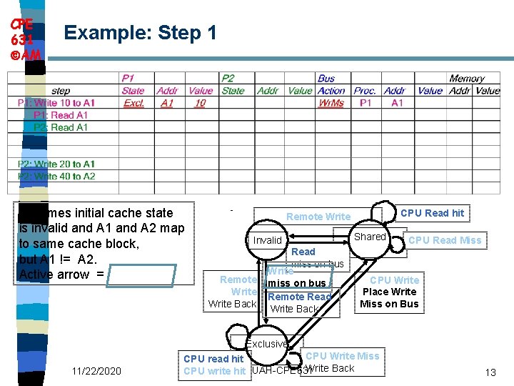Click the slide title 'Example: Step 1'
click(140, 32)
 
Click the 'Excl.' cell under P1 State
click(133, 103)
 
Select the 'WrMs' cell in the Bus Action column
click(331, 103)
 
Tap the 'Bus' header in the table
click(326, 79)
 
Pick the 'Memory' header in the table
click(467, 79)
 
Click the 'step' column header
click(61, 91)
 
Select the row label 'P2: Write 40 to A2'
click(56, 176)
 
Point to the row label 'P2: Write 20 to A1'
click(56, 164)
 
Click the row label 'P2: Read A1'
click(61, 127)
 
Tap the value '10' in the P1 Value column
click(200, 103)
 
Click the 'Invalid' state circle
click(268, 240)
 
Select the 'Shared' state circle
click(370, 237)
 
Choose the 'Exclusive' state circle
click(267, 343)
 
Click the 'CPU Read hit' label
click(432, 213)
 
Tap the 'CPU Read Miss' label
click(445, 240)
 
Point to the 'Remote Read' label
click(300, 297)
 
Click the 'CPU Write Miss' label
click(342, 356)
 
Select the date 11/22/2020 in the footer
click(96, 371)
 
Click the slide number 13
click(490, 372)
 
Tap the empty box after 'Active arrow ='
click(141, 275)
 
